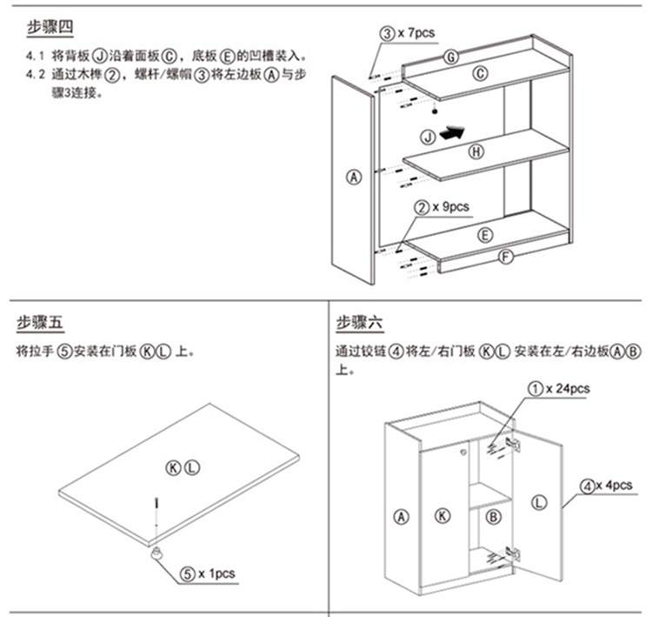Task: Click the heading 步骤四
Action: point(50,27)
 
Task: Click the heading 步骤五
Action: point(40,323)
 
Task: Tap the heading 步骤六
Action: point(360,323)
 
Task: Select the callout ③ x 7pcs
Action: point(408,33)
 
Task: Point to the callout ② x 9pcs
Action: point(442,207)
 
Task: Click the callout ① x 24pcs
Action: point(559,389)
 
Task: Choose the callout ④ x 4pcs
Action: point(606,486)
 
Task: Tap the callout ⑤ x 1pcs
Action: point(208,574)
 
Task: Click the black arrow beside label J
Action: point(452,133)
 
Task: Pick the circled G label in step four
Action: point(451,57)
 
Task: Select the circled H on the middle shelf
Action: point(476,152)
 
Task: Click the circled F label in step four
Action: point(506,257)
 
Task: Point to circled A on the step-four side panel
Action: point(354,178)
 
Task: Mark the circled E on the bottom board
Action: point(485,235)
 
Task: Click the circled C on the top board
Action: point(480,74)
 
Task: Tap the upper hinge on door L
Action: point(514,445)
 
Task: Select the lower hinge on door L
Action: point(514,553)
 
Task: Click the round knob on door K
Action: point(463,452)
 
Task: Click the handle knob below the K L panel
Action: point(156,553)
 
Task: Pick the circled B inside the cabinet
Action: point(493,517)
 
